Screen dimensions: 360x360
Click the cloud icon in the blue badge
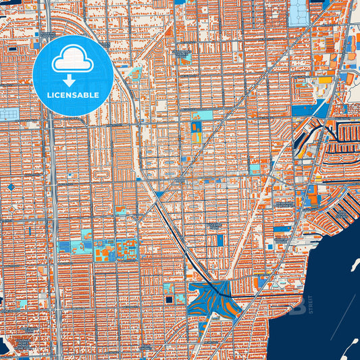73,61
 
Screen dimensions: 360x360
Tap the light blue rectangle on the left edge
9,114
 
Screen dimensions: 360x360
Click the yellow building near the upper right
325,80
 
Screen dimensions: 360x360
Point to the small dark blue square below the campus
168,299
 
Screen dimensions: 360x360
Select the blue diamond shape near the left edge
11,186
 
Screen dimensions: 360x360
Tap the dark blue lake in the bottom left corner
3,346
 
